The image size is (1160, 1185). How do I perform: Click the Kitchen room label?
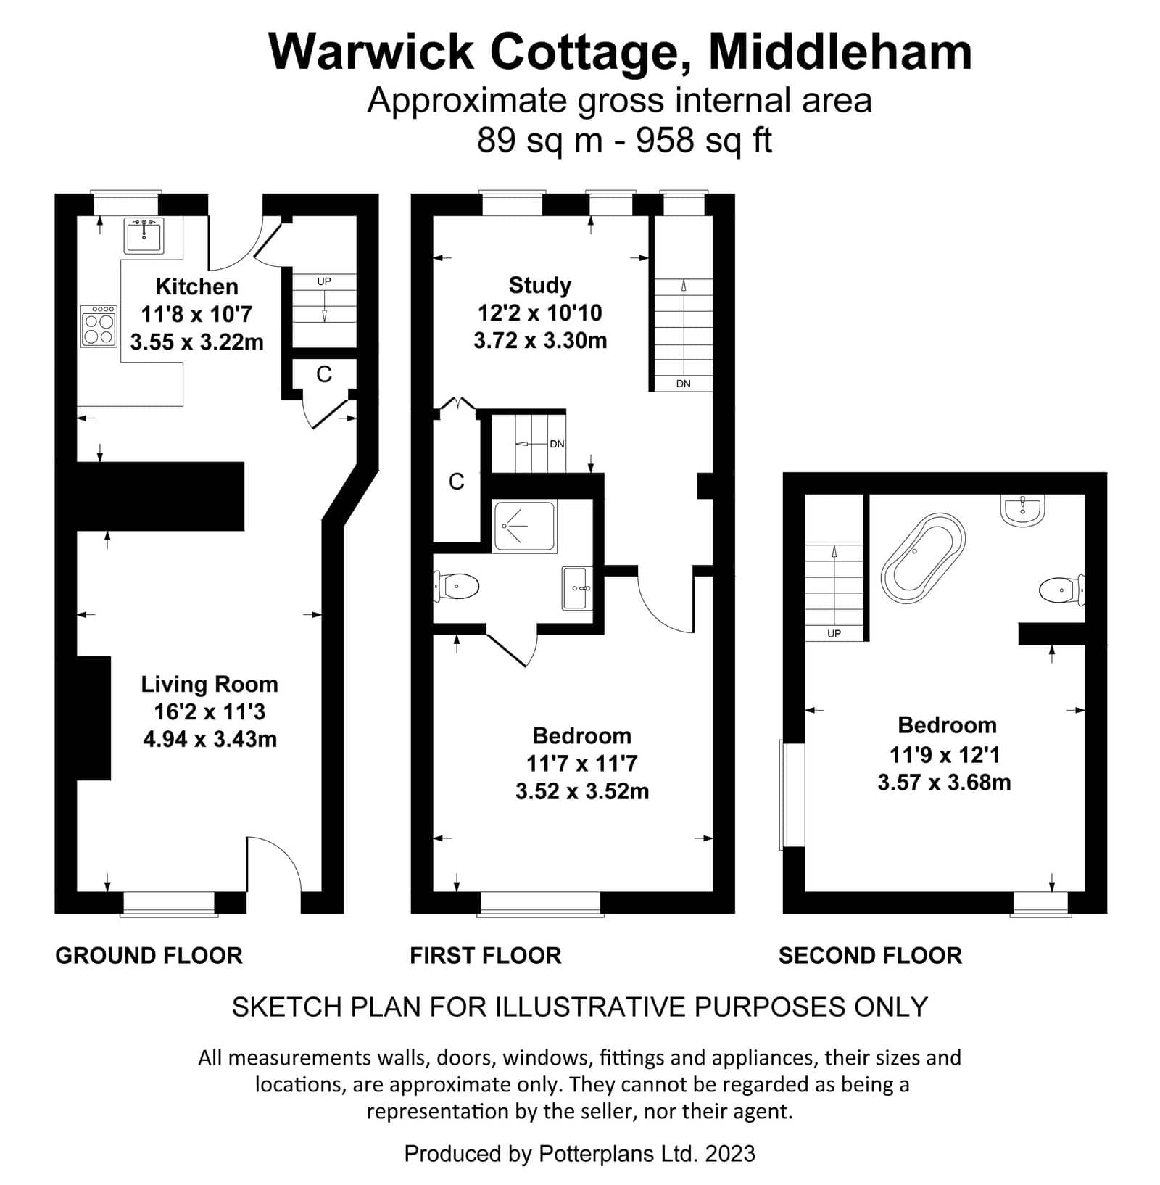[196, 286]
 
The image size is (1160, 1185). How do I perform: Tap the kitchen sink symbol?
[144, 235]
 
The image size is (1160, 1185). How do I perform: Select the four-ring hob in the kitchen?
[99, 326]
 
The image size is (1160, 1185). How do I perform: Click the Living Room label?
[210, 684]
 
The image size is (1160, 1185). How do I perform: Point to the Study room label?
[540, 285]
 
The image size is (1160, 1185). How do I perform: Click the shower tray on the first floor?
[524, 527]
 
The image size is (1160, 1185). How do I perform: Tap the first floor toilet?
[457, 586]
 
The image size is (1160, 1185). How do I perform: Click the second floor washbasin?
[1023, 510]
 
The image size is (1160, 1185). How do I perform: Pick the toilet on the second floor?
[1061, 590]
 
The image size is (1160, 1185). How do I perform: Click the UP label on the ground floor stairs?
[324, 281]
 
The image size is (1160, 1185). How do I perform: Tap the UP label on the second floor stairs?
[834, 633]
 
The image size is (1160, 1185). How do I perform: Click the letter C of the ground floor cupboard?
[324, 374]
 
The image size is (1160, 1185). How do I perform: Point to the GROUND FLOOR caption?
[149, 955]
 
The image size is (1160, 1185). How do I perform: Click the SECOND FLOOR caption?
[870, 955]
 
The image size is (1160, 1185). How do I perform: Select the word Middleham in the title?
[840, 51]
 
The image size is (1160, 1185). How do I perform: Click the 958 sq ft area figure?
[704, 139]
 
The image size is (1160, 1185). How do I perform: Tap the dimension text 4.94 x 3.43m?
[210, 739]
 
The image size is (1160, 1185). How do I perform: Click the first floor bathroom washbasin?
[577, 588]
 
